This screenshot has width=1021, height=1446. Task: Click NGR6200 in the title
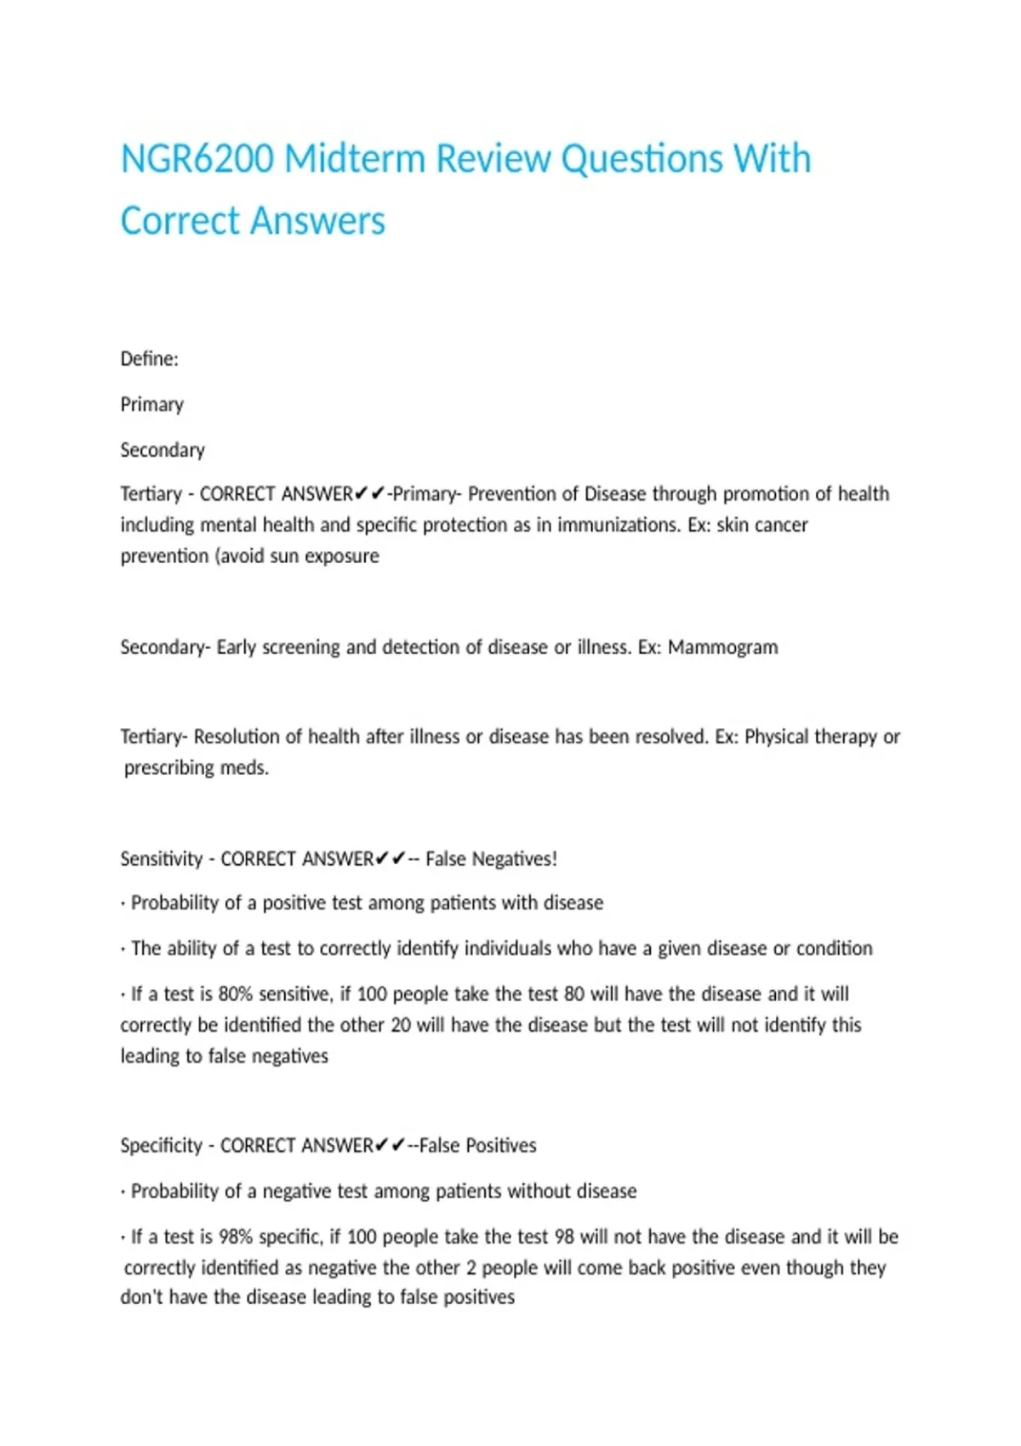tap(197, 159)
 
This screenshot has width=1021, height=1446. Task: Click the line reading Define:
tap(150, 359)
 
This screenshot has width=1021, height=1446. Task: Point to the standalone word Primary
tap(152, 404)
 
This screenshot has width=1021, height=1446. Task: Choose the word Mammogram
tap(722, 647)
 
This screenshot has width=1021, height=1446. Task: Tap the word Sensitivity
tap(162, 859)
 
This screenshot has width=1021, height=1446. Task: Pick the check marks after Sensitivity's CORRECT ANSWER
tap(391, 859)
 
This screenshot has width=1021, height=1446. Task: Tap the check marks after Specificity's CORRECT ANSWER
tap(391, 1146)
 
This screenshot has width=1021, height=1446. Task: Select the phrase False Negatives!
tap(491, 859)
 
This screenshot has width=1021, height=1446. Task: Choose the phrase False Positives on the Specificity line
tap(477, 1146)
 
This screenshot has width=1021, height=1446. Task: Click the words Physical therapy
tap(810, 737)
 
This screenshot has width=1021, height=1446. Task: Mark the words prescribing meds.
tap(197, 768)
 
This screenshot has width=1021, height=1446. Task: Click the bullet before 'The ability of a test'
tap(123, 949)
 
